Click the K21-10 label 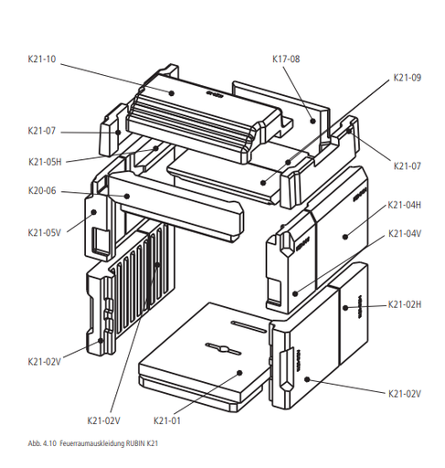pos(42,58)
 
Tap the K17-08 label pos(286,58)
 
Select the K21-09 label pos(408,78)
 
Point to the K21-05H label pos(45,162)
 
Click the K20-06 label pos(42,191)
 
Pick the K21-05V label pos(45,233)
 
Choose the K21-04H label pos(405,205)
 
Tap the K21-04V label pos(405,234)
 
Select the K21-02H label pos(405,304)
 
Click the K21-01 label pos(167,420)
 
